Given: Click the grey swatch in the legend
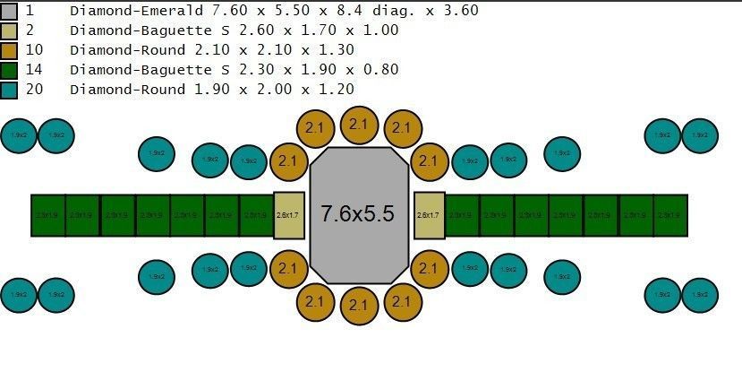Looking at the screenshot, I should (10, 11).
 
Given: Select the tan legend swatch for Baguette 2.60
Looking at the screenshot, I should (10, 30).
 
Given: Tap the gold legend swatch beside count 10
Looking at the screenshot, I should (10, 50).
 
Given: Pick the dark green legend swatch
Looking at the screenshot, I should (10, 70).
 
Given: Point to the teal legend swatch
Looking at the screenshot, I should (10, 90).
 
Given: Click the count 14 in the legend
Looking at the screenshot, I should (35, 70).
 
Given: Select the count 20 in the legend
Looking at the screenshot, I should (35, 90).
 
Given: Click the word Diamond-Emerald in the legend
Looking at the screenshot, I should (125, 11).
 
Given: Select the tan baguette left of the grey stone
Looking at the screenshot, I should (288, 215).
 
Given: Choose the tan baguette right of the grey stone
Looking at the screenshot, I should (429, 215).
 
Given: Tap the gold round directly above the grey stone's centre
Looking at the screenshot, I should (359, 125).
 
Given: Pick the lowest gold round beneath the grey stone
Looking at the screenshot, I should (359, 306).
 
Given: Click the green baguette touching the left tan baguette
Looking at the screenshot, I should (256, 215).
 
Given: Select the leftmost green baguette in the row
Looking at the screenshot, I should (48, 215).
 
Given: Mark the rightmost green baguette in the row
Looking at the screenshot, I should (670, 215).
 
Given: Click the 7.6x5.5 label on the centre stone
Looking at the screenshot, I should (358, 215).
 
